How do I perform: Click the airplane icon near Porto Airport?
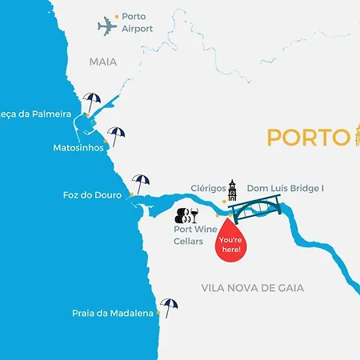coord(108,26)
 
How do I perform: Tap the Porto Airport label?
coord(138,22)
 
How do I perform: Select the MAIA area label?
coord(103,61)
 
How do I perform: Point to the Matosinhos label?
coord(78,148)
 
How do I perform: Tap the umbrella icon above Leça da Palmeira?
coord(93,102)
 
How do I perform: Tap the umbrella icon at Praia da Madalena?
coord(168,306)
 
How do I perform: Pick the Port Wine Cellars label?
coord(194,234)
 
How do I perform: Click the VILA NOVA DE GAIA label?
coord(264,288)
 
